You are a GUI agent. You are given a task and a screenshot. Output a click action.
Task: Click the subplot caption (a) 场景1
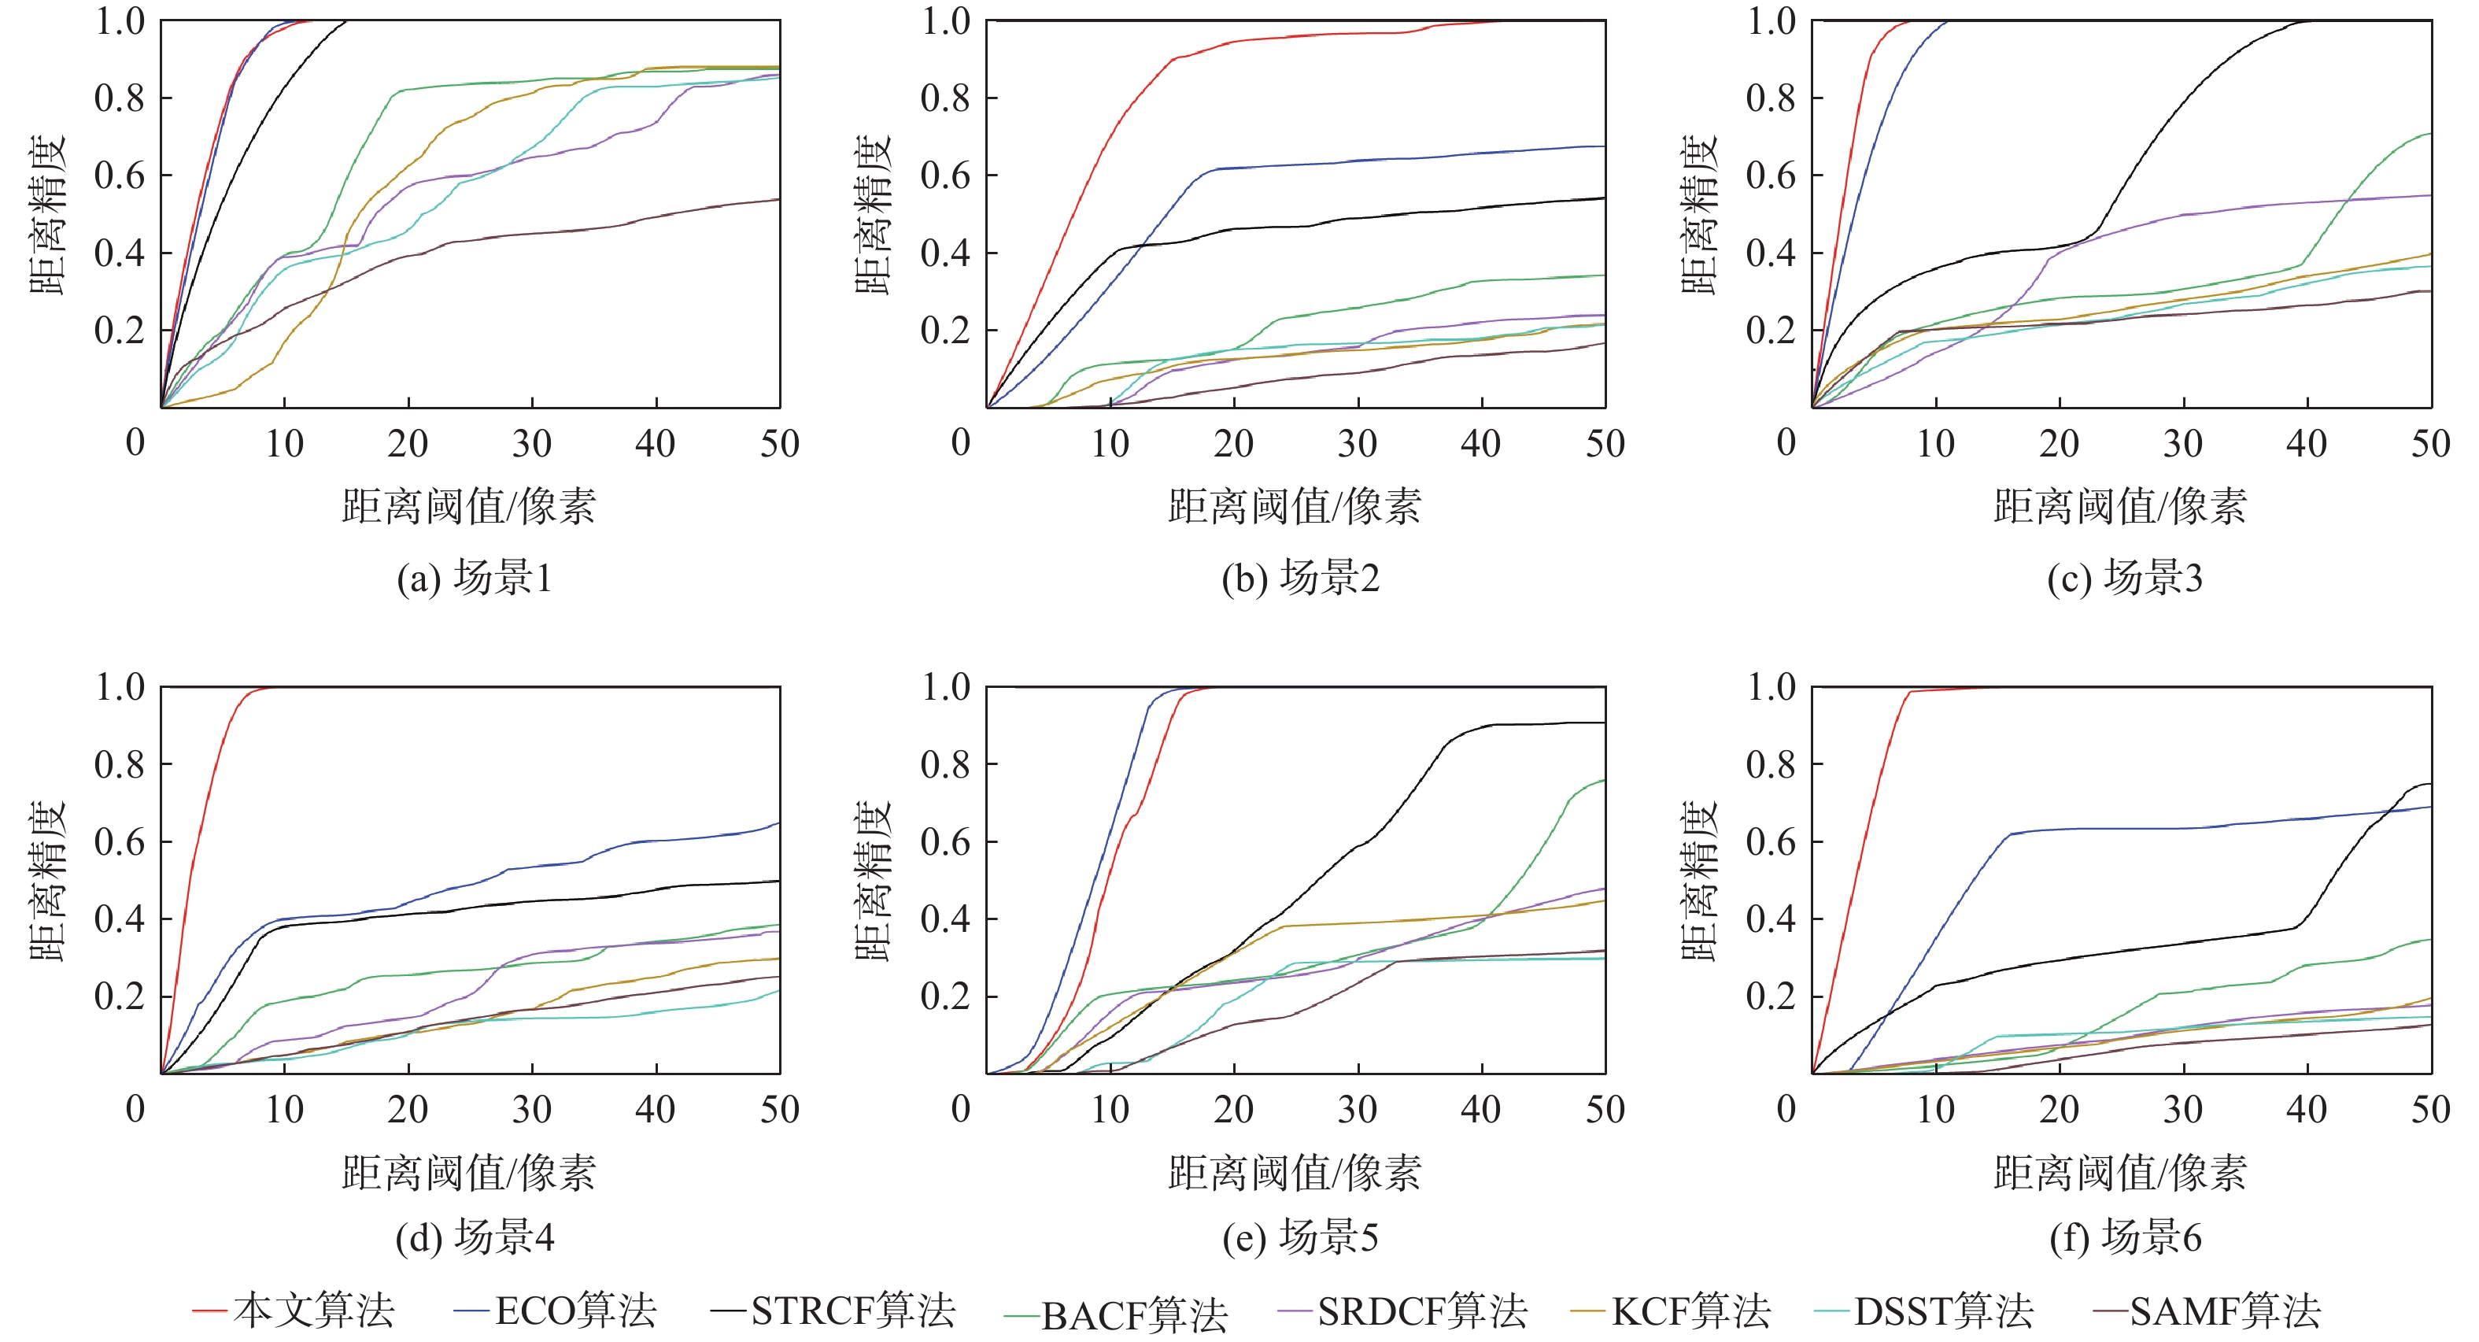(x=475, y=578)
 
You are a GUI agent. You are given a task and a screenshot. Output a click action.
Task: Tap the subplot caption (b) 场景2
(x=1300, y=578)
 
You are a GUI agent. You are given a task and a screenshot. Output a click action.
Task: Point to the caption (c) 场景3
(x=2125, y=578)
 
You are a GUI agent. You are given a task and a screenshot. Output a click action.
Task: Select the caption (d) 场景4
(x=475, y=1237)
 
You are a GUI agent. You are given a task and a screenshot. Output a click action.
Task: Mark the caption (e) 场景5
(x=1300, y=1237)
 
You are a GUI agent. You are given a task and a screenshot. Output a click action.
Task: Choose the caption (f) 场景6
(x=2125, y=1237)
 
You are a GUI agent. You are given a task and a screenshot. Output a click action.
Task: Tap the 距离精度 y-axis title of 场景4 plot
(x=48, y=880)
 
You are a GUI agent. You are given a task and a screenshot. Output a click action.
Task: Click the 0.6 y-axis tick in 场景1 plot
(x=120, y=176)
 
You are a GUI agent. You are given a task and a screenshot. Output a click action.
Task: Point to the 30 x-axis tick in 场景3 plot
(x=2182, y=444)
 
